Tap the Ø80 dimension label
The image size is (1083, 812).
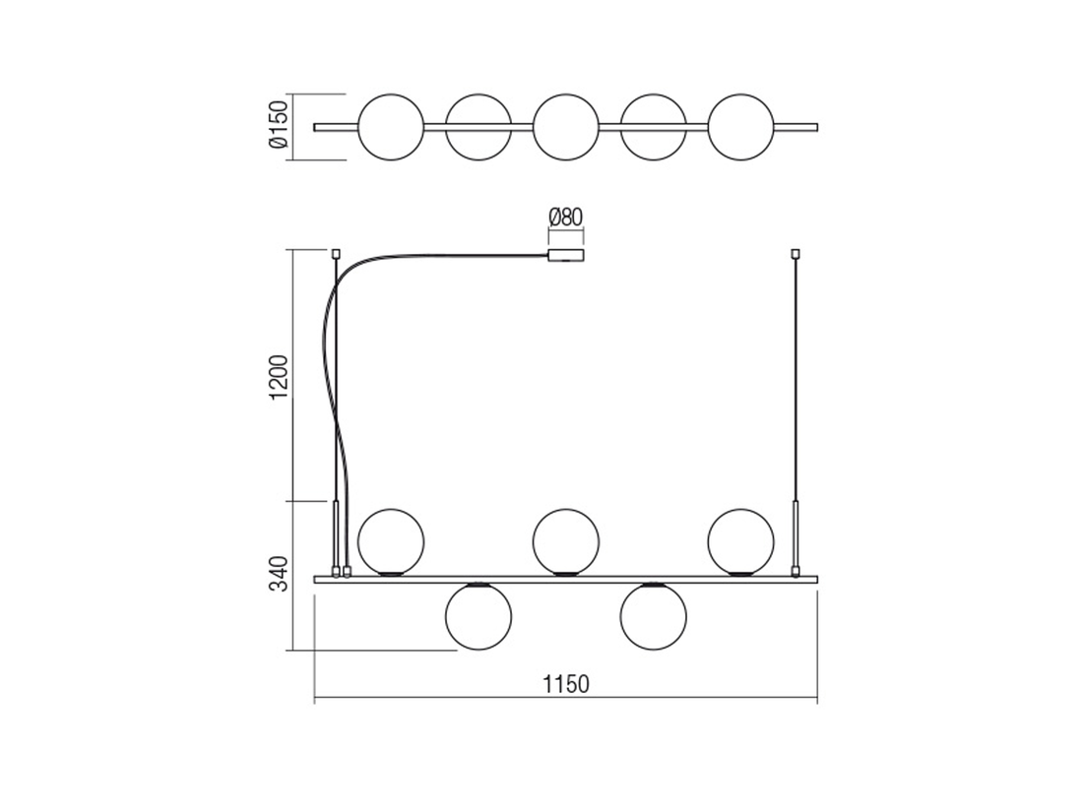pos(566,218)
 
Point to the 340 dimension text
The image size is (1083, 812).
pos(279,574)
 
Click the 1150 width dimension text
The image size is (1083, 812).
pos(566,684)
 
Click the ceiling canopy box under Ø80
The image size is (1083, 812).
pos(566,256)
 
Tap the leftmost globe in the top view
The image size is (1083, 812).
pos(391,127)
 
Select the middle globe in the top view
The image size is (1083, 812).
pos(566,127)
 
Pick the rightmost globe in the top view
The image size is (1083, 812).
pos(741,127)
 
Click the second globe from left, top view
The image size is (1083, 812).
pos(478,127)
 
